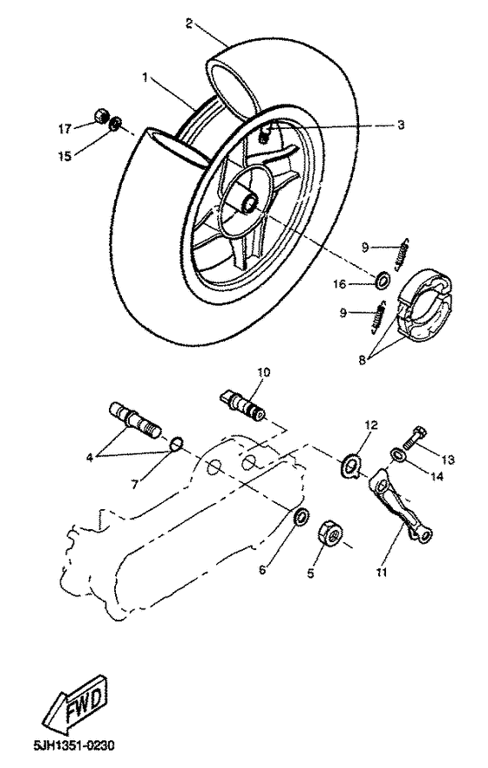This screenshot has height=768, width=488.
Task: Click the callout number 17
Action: [x=64, y=129]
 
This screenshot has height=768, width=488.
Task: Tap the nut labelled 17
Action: [x=99, y=116]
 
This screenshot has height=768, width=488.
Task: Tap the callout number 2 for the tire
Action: [x=189, y=23]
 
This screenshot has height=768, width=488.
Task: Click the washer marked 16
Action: [x=382, y=281]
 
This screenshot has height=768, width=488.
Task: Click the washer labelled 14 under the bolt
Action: [x=397, y=453]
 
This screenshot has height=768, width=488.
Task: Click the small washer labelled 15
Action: [x=116, y=126]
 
